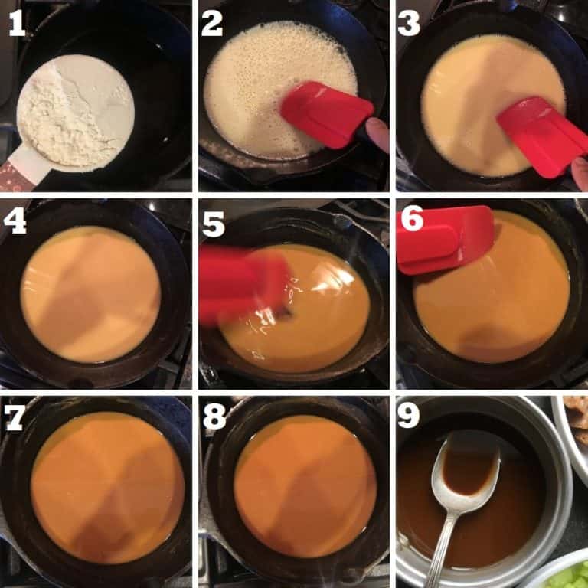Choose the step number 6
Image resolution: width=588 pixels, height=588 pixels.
[411, 220]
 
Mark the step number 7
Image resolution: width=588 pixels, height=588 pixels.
[16, 418]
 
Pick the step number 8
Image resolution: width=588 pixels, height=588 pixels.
[213, 418]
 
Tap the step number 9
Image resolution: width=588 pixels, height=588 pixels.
[409, 418]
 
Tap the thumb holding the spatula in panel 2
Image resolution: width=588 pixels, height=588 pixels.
[377, 134]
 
